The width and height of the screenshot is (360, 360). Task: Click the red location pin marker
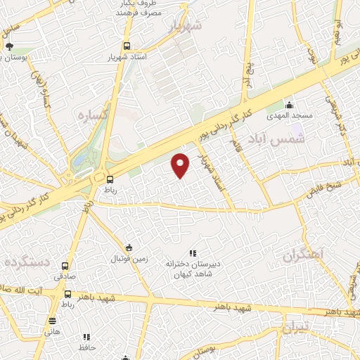(x=181, y=165)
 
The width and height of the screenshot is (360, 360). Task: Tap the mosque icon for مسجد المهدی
(x=289, y=105)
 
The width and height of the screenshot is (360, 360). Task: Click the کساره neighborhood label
(x=92, y=115)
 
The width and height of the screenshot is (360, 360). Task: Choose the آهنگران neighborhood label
(x=305, y=254)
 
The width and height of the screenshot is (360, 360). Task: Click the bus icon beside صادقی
(x=65, y=266)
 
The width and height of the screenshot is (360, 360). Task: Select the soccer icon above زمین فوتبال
(x=128, y=247)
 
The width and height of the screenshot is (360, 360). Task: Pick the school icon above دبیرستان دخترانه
(x=192, y=253)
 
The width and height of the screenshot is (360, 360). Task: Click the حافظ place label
(x=87, y=347)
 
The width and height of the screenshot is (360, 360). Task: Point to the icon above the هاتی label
(x=52, y=320)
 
